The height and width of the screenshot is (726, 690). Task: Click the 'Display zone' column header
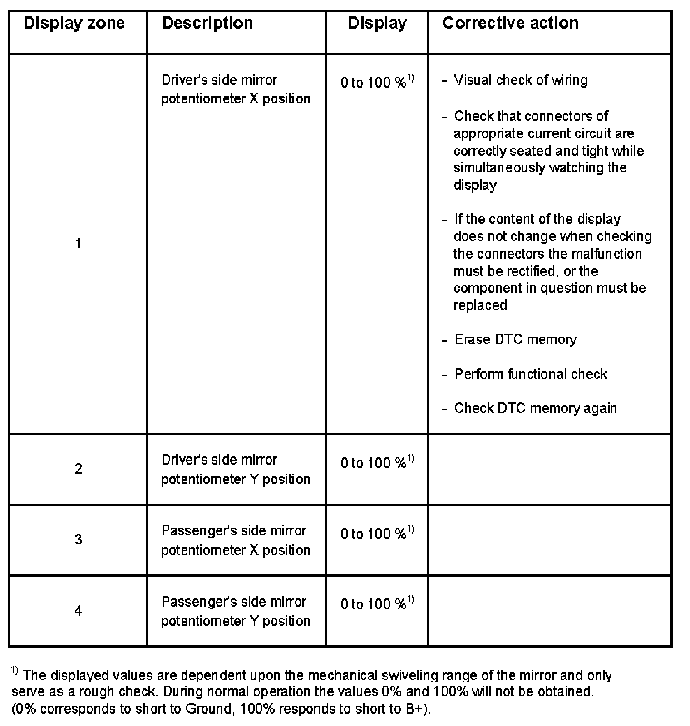[74, 23]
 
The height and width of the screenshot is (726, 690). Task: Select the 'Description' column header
[207, 23]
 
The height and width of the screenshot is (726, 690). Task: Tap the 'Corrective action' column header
[510, 23]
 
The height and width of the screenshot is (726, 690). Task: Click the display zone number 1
[78, 244]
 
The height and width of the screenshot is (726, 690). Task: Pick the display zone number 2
[79, 469]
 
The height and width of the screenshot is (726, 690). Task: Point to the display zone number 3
[79, 540]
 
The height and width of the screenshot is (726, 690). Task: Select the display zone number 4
[79, 611]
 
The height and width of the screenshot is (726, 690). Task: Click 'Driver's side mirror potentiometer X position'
[235, 89]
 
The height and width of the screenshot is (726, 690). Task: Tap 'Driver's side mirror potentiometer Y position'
[235, 469]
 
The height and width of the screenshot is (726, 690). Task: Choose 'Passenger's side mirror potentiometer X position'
[235, 540]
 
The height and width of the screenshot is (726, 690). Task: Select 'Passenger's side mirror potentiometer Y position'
[235, 611]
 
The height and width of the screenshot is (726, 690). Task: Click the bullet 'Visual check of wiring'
[520, 80]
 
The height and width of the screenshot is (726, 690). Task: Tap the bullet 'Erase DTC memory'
[515, 340]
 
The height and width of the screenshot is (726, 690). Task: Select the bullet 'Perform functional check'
[531, 374]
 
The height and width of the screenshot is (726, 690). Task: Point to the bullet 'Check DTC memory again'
[535, 408]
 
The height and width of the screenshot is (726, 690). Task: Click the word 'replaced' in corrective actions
[480, 305]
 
